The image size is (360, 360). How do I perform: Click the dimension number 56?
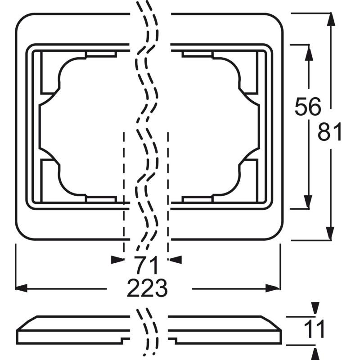tap(308, 107)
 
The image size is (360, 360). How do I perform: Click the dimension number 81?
tap(330, 131)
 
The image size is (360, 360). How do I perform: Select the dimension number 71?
tap(146, 265)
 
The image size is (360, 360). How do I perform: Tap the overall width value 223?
tap(147, 288)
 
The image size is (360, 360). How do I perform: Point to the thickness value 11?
tap(314, 329)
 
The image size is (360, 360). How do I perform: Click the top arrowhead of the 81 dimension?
tap(331, 19)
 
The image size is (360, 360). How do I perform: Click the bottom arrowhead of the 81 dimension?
tap(330, 233)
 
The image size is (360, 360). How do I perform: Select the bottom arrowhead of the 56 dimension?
tap(308, 202)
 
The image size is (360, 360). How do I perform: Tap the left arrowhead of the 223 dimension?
tap(21, 288)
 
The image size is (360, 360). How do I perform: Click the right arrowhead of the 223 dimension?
tap(273, 288)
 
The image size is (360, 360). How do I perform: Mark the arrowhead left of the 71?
tap(117, 260)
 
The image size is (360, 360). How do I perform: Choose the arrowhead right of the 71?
tap(175, 260)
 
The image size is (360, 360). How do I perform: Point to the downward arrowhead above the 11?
tap(315, 308)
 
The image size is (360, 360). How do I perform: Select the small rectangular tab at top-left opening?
tap(101, 54)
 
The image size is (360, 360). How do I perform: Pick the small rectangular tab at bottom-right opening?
tap(198, 199)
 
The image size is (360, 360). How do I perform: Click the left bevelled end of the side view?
tap(27, 323)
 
